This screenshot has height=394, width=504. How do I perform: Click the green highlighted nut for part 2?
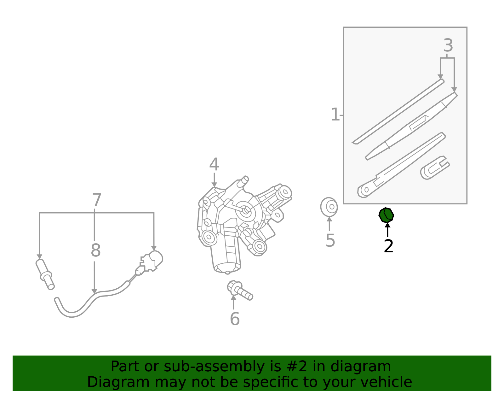pos(386,215)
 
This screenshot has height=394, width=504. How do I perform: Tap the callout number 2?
pos(388,246)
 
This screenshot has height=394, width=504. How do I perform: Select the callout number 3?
pos(448,46)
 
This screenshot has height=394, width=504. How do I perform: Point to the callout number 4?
pos(214,165)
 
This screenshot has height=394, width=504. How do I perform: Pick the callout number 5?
pos(330,241)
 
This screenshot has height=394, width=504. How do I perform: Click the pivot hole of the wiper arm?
pos(366,190)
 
